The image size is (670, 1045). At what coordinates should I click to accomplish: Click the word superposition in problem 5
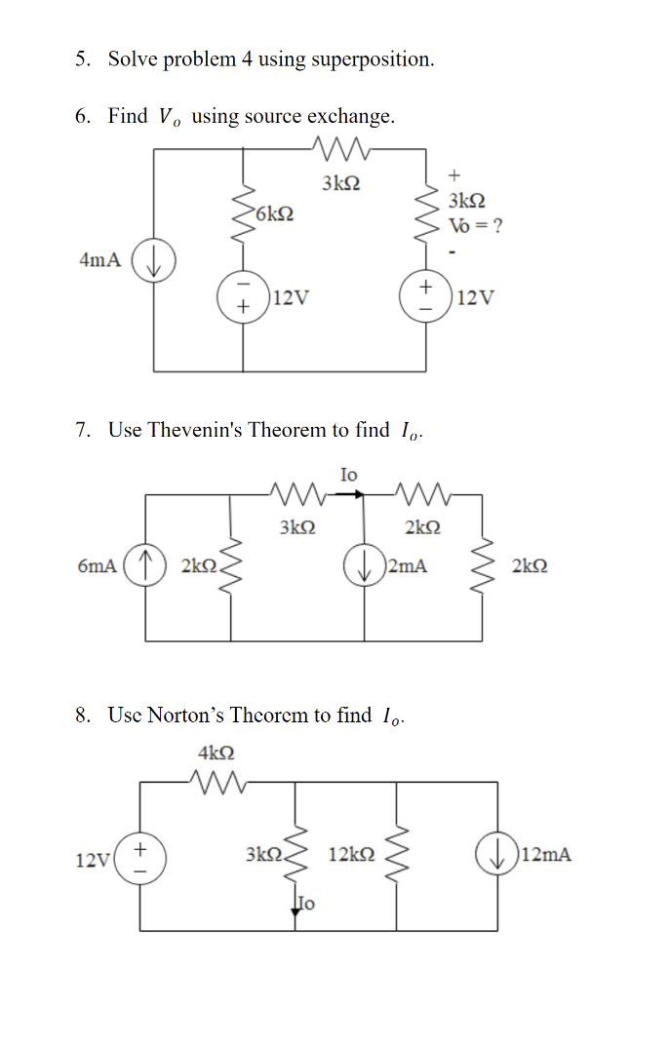coord(374,59)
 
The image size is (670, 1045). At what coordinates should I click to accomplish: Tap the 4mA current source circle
coord(152,260)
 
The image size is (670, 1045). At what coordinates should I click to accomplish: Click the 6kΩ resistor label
coord(275,213)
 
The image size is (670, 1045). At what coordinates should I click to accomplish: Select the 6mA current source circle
coord(145,566)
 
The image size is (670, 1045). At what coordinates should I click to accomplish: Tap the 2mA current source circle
coord(365,566)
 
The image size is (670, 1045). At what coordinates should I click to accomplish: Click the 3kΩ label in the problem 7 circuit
coord(296,527)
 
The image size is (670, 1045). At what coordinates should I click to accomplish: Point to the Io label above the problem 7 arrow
coord(348,475)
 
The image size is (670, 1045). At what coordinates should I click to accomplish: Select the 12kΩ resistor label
coord(351,855)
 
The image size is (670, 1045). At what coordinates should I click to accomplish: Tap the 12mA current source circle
coord(496,855)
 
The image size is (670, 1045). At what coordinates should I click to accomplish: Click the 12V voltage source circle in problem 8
coord(138,859)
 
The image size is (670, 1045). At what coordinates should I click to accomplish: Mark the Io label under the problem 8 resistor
coord(307,903)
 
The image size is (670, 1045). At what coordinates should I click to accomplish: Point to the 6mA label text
coord(97,566)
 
